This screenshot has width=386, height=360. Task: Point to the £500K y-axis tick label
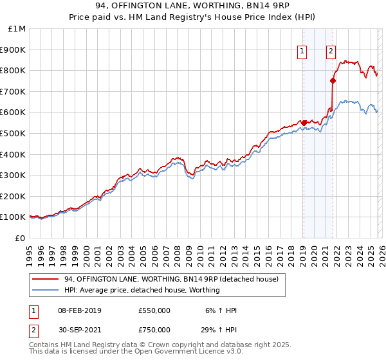(x=14, y=133)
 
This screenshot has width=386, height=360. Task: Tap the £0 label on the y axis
(x=21, y=238)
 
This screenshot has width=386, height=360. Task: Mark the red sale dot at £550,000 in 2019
(x=303, y=123)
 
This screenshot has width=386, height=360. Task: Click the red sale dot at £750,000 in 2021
(x=333, y=80)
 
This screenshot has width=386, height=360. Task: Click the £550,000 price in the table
(x=154, y=310)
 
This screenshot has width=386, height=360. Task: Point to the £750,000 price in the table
(x=154, y=330)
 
